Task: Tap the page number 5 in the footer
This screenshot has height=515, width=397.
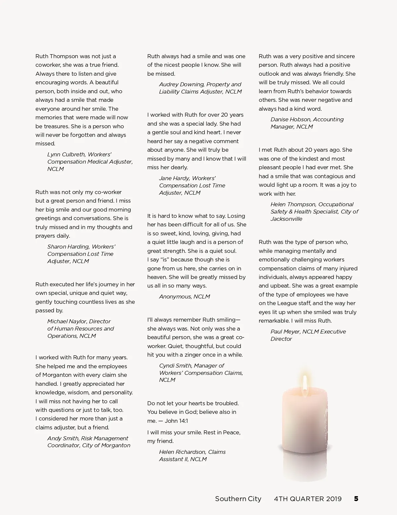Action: (356, 499)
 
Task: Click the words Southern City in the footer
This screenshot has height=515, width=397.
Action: (238, 499)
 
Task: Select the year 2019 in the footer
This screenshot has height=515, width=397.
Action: (333, 499)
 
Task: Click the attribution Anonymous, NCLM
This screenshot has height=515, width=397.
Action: (184, 297)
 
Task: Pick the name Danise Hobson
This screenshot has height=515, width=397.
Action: (290, 119)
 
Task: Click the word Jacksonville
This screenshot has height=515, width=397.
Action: (286, 219)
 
